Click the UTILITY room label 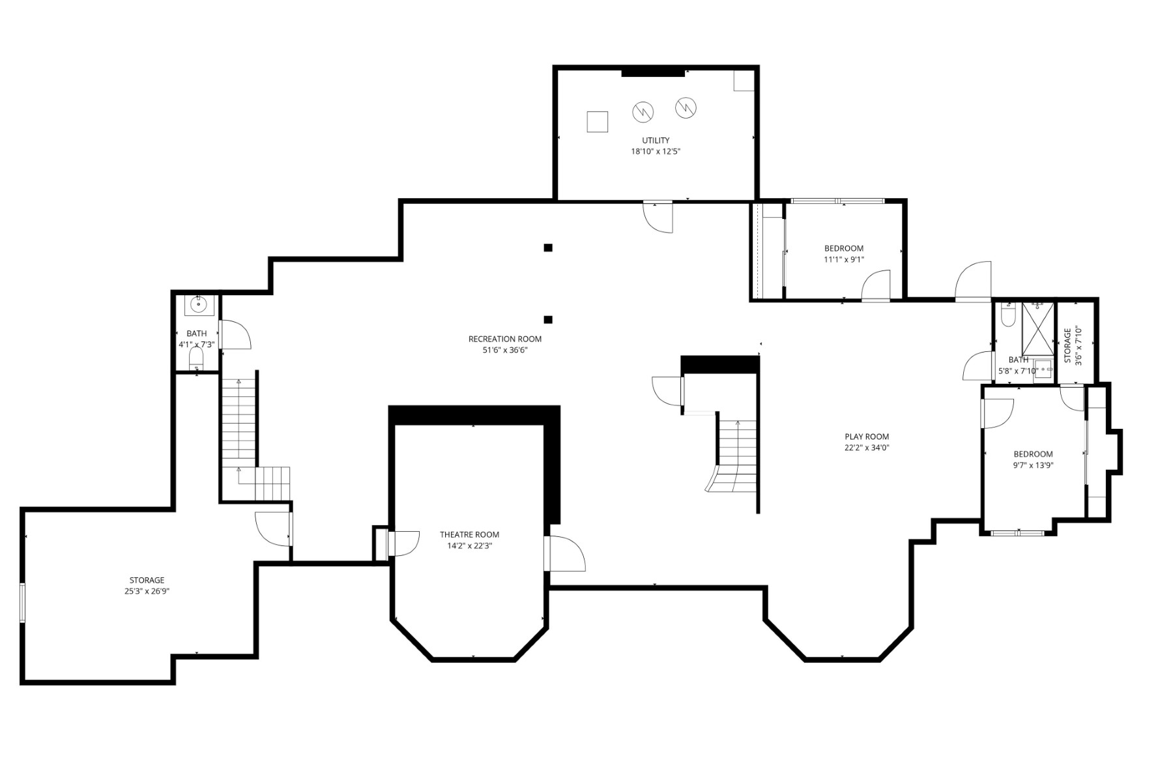(656, 140)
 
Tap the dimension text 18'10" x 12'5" (656, 151)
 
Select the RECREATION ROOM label (505, 339)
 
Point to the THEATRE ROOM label (469, 534)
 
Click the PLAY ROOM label (867, 437)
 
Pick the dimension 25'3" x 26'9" (147, 591)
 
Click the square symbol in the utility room (598, 122)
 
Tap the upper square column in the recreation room (548, 248)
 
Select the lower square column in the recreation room (548, 319)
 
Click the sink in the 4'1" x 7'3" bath (197, 304)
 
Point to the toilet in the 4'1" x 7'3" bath (196, 357)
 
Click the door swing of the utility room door (658, 217)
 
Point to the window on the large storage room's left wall (23, 603)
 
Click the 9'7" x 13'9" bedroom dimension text (1033, 465)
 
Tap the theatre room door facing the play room (566, 554)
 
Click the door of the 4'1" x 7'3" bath (235, 335)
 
